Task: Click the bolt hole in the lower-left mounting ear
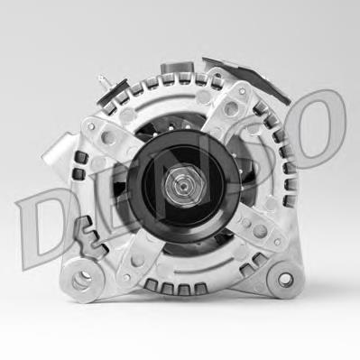[82, 281]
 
